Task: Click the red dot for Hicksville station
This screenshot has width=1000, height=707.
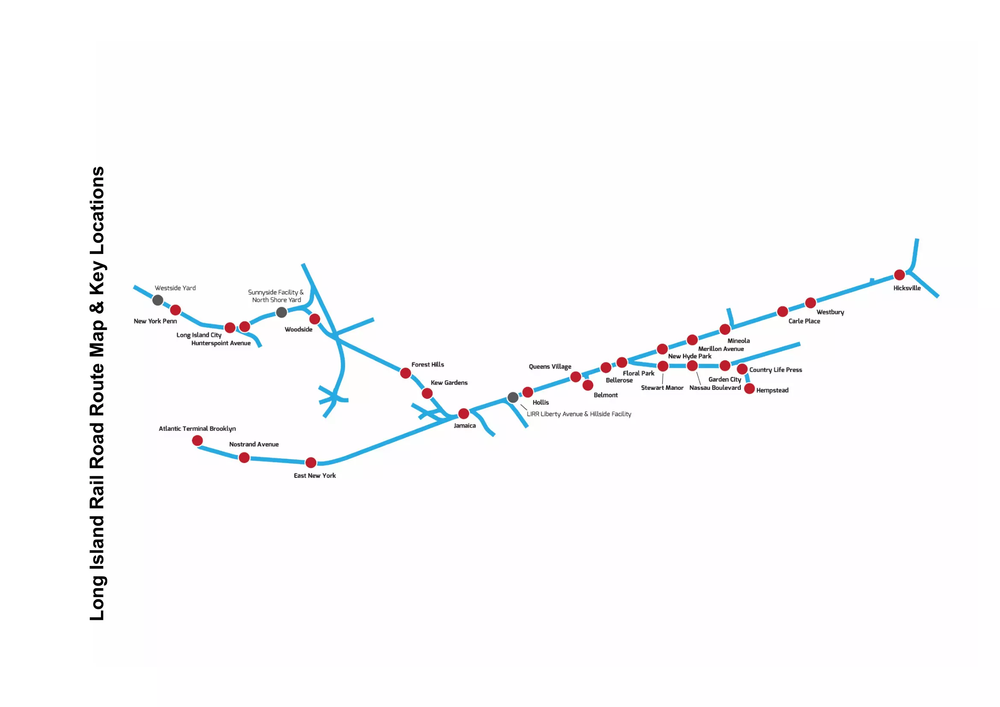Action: (x=900, y=275)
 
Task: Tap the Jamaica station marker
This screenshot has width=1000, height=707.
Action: (x=464, y=413)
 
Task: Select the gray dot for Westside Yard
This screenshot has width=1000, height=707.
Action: (x=158, y=300)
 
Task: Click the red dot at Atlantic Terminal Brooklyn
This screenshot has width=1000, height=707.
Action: (x=197, y=441)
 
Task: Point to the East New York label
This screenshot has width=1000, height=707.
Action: (x=315, y=475)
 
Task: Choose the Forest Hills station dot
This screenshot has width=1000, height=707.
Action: (x=405, y=373)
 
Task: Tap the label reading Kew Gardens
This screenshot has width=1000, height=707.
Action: (x=449, y=383)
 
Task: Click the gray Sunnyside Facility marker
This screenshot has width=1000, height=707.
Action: (x=282, y=312)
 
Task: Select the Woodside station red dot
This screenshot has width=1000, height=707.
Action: (x=315, y=319)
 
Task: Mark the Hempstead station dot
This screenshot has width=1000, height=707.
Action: (x=749, y=388)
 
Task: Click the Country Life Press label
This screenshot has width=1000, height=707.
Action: (x=776, y=370)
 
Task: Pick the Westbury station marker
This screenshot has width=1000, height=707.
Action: (x=811, y=303)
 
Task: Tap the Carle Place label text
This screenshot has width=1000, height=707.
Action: (x=805, y=321)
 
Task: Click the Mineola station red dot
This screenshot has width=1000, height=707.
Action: (x=725, y=329)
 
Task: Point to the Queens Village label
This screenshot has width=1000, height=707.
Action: (x=550, y=367)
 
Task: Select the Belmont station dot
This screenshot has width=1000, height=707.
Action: (x=588, y=385)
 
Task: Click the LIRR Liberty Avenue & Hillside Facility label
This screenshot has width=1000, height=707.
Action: (x=579, y=414)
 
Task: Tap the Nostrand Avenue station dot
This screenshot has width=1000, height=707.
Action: (x=245, y=457)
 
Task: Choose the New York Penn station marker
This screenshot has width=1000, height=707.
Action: (x=176, y=310)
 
